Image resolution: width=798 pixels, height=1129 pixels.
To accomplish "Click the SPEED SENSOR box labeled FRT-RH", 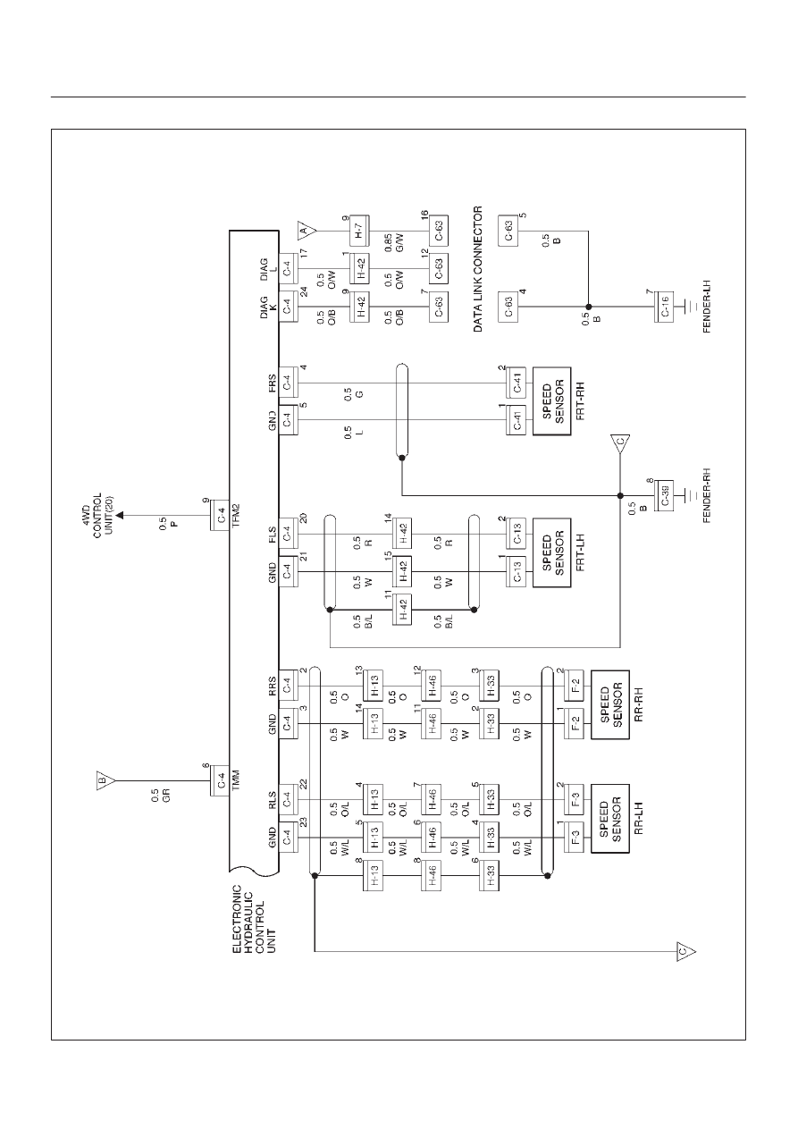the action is tap(551, 401).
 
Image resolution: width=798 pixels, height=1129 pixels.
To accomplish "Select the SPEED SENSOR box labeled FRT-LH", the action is tap(551, 552).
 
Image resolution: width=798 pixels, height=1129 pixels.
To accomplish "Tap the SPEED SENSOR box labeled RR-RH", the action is tap(610, 704).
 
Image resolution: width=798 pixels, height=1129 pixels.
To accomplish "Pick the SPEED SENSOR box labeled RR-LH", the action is tap(610, 819).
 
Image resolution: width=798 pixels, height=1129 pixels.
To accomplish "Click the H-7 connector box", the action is tap(360, 231).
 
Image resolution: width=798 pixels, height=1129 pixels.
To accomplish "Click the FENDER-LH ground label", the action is tap(707, 307).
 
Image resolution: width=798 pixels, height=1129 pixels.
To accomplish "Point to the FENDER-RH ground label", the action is tap(707, 496).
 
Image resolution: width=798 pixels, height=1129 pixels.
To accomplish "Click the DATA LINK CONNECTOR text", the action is tap(478, 269).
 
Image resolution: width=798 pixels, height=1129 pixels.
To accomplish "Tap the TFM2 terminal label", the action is tap(236, 516).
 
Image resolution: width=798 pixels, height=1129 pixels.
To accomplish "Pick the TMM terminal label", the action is tap(236, 781).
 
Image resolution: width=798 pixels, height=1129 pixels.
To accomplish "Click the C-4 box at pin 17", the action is tap(288, 269).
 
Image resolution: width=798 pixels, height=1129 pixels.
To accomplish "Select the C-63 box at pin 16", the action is tap(438, 231).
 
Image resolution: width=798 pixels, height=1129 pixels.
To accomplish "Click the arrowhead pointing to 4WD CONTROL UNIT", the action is tap(121, 516).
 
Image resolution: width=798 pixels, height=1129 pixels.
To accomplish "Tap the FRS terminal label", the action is tap(272, 383).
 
